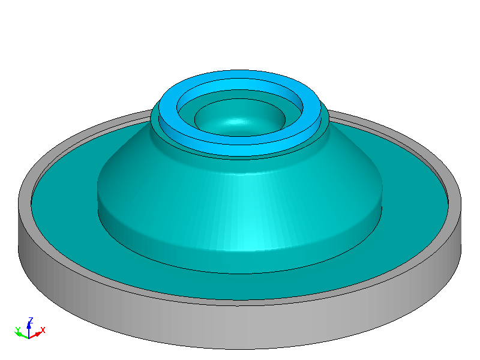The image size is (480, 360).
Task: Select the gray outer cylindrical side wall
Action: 240,327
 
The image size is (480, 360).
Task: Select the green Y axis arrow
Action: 22,334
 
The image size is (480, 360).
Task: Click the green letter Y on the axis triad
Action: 17,329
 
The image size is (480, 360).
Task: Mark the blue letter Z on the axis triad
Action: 30,320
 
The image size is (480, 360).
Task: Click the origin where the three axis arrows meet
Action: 29,335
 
